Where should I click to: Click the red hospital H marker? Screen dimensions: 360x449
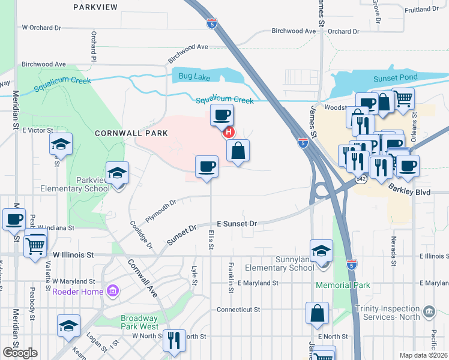coord(229,133)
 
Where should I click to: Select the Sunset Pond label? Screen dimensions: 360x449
coord(391,77)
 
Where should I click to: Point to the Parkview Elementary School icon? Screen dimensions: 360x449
coord(116,174)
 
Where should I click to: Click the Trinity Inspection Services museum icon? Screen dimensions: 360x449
coord(428,311)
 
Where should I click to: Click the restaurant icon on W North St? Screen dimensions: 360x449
coord(174,340)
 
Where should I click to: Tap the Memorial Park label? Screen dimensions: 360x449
coord(343,285)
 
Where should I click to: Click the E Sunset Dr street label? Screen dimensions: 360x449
coord(237,223)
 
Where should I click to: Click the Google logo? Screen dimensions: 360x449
coord(20,353)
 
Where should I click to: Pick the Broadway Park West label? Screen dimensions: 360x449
coord(139,322)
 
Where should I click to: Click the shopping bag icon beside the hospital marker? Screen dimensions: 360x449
coord(238,151)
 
